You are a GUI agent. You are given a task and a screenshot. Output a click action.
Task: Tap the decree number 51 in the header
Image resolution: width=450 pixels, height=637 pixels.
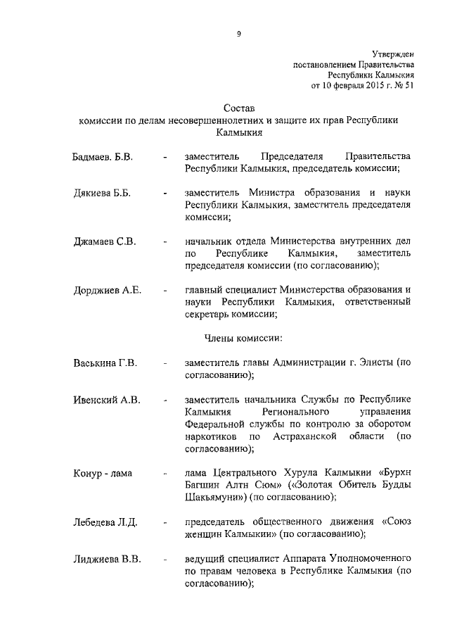tap(409, 85)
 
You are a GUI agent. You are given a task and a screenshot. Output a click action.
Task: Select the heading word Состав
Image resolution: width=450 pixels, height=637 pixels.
tap(238, 108)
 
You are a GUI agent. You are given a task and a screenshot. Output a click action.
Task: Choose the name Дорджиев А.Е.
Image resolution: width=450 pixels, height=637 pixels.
tap(108, 290)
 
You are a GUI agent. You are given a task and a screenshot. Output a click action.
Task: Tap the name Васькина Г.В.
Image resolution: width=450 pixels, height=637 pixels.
tap(105, 363)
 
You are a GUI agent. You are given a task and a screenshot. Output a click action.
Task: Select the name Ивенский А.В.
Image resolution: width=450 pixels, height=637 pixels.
tap(107, 400)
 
